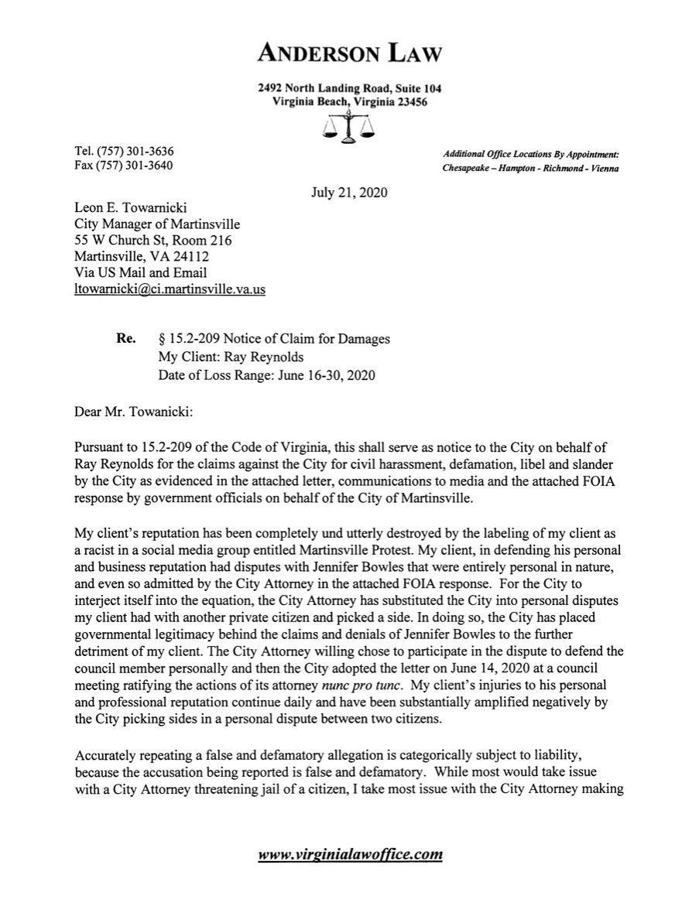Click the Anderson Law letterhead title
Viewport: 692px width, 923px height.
[350, 53]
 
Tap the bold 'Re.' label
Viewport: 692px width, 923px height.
[126, 339]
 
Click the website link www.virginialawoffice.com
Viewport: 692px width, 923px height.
[350, 855]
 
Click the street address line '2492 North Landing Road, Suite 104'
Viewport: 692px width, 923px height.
[350, 89]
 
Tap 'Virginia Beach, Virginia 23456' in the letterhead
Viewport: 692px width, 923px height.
[350, 102]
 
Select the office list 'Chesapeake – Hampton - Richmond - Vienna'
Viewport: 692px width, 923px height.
[530, 168]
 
